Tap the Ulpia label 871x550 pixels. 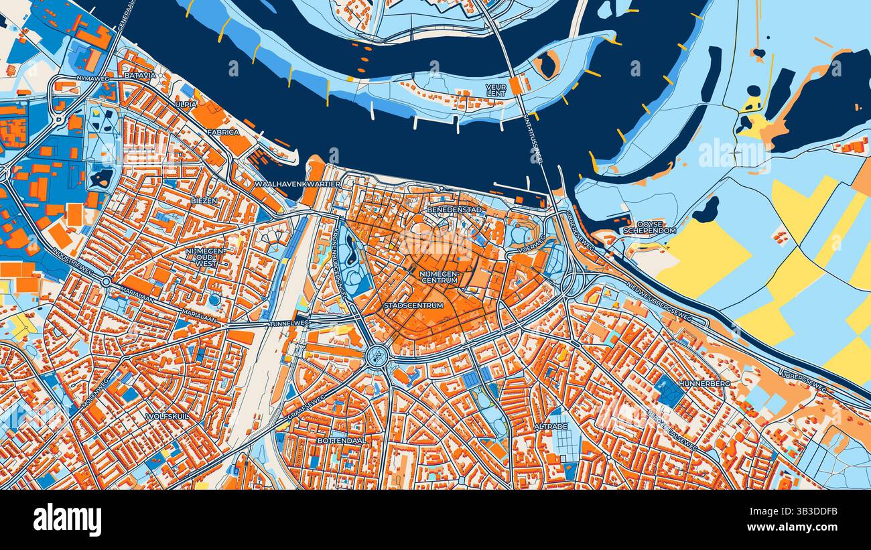[x=186, y=105]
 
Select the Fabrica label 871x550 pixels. [x=223, y=133]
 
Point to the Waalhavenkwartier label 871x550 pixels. [x=299, y=184]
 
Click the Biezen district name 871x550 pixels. [x=204, y=200]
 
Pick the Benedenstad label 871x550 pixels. [x=454, y=210]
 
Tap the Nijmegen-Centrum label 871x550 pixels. [x=440, y=277]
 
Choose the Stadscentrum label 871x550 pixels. [x=413, y=305]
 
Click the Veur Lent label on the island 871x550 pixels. [x=496, y=90]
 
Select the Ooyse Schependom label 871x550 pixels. [x=649, y=226]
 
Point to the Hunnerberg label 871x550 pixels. [x=703, y=384]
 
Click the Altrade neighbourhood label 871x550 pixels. [x=551, y=427]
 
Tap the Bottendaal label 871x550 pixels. [x=342, y=441]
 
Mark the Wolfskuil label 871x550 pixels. [x=167, y=416]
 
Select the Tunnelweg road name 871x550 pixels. [x=289, y=324]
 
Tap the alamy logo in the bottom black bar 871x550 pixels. [x=67, y=520]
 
